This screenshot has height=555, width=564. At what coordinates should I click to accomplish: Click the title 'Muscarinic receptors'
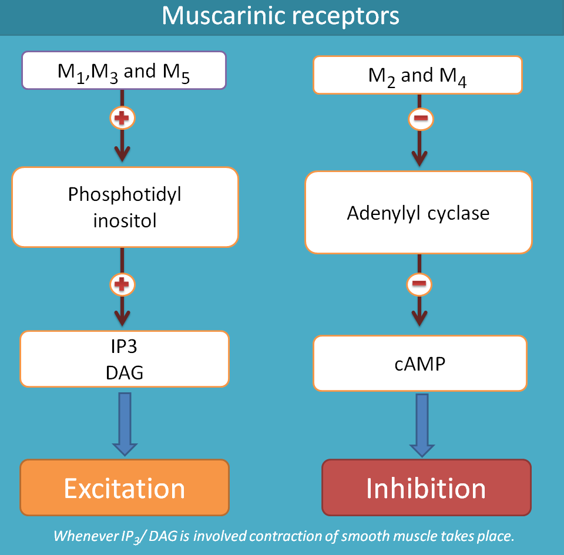tap(281, 16)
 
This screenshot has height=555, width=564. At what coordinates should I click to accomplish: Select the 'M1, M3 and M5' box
tap(123, 70)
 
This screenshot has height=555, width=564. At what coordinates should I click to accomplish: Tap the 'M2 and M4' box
tap(417, 75)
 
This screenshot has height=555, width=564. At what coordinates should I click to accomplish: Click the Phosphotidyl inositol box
tap(125, 207)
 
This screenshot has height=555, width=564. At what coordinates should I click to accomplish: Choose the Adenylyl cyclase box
tap(418, 213)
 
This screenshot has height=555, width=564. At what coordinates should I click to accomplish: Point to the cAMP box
tap(419, 364)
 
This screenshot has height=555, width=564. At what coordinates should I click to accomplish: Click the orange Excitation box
tap(125, 487)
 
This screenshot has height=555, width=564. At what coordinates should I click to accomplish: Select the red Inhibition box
tap(426, 487)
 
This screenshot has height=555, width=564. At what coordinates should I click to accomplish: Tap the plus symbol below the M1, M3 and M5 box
tap(122, 119)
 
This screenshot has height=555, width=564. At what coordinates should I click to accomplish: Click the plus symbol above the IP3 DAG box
tap(122, 285)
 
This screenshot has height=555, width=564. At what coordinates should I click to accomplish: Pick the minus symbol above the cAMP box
tap(419, 285)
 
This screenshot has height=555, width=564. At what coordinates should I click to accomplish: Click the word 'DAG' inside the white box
tap(125, 372)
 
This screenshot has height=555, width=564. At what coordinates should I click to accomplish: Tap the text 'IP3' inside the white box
tap(125, 347)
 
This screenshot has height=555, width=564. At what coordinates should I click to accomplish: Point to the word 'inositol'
tap(125, 221)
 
